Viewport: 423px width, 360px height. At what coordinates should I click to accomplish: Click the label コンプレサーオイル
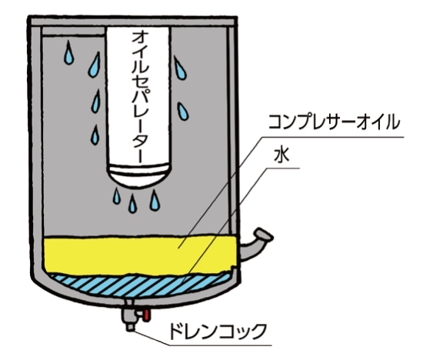[334, 122]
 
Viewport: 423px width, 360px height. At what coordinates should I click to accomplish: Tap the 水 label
[281, 155]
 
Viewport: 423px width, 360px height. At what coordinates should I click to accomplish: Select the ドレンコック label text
[218, 331]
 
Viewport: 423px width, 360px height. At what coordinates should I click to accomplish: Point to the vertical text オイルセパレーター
[140, 97]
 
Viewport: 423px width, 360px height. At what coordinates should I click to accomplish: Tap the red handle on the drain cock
[146, 315]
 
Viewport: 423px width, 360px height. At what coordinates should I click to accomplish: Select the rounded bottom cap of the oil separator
[139, 175]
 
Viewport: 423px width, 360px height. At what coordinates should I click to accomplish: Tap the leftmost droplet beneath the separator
[117, 196]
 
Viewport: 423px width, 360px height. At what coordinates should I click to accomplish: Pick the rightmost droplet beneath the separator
[155, 200]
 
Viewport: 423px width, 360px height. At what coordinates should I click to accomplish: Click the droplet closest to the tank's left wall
[69, 53]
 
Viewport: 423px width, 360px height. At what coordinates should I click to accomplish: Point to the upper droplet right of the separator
[180, 68]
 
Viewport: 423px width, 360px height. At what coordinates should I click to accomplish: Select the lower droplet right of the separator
[183, 112]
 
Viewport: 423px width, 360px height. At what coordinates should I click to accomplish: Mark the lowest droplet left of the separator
[95, 135]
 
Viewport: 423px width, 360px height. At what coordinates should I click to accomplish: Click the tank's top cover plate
[133, 22]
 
